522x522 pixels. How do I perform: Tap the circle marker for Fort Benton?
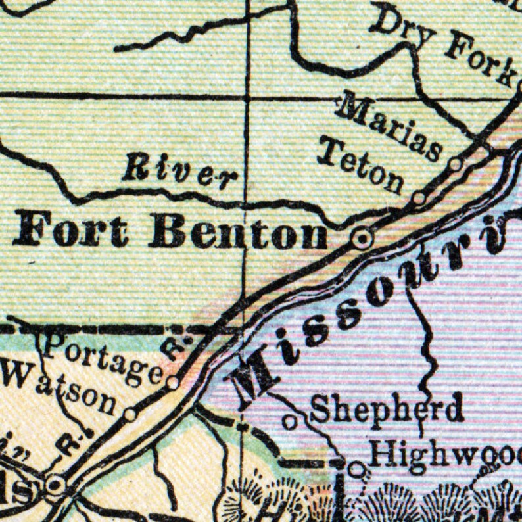click(361, 239)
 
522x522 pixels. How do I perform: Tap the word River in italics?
click(179, 171)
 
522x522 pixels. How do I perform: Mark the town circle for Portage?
click(173, 383)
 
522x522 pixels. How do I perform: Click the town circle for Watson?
click(130, 415)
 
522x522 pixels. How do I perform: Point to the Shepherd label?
click(387, 409)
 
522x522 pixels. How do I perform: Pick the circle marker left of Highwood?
click(356, 469)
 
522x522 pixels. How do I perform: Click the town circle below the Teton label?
click(419, 197)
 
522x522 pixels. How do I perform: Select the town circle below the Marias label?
click(455, 164)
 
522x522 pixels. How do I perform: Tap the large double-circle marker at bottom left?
click(55, 486)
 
